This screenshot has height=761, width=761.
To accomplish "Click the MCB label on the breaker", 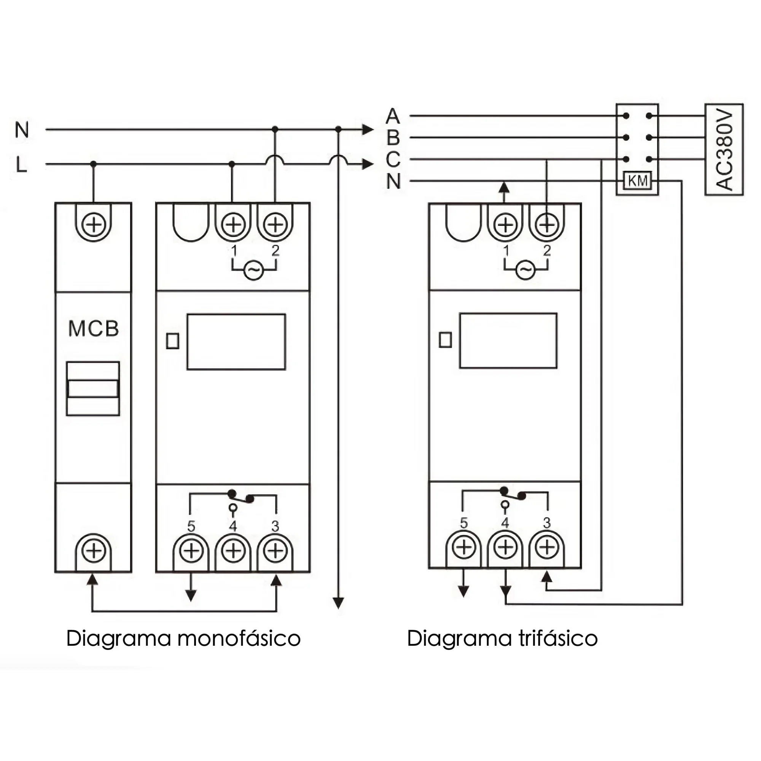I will pyautogui.click(x=93, y=328).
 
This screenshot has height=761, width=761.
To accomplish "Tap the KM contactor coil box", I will pyautogui.click(x=637, y=181).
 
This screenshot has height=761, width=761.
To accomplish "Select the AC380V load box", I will pyautogui.click(x=724, y=149).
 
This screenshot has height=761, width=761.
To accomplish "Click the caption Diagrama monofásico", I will pyautogui.click(x=183, y=638).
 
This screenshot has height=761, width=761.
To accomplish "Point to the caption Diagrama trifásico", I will pyautogui.click(x=502, y=638).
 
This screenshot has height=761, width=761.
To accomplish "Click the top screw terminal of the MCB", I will pyautogui.click(x=93, y=224).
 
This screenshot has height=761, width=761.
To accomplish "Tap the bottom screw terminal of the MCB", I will pyautogui.click(x=93, y=550).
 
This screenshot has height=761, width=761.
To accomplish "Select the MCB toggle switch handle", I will pyautogui.click(x=93, y=388).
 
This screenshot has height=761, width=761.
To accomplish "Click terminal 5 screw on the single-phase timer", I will pyautogui.click(x=191, y=550).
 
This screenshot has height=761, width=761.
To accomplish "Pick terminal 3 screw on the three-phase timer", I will pyautogui.click(x=547, y=547).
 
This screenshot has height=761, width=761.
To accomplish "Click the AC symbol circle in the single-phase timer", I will pyautogui.click(x=254, y=270).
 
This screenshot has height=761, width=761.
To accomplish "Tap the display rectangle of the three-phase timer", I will pyautogui.click(x=508, y=341).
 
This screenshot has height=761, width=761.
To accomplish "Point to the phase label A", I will pyautogui.click(x=393, y=116).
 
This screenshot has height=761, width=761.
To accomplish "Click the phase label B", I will pyautogui.click(x=393, y=137).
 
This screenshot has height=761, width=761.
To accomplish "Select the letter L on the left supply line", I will pyautogui.click(x=21, y=164).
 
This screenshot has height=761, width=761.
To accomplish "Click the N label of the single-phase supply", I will pyautogui.click(x=22, y=130).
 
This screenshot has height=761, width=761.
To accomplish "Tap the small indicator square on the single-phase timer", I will pyautogui.click(x=172, y=341).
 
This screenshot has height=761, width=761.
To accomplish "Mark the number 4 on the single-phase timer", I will pyautogui.click(x=233, y=526).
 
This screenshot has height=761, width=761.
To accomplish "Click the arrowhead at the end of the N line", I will pyautogui.click(x=368, y=129).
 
